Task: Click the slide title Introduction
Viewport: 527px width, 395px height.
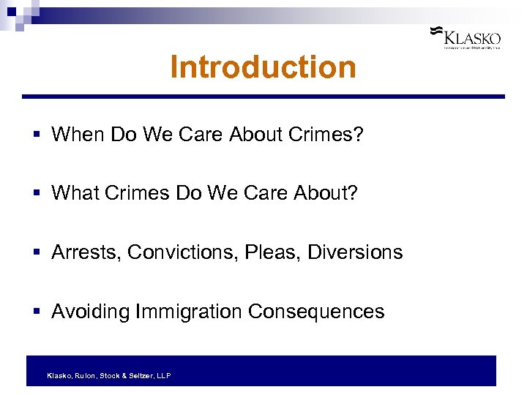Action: click(263, 67)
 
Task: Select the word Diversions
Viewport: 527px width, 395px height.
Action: click(355, 252)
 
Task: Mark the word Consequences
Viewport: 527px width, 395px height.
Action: click(316, 312)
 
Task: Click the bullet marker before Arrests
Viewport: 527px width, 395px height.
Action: click(37, 253)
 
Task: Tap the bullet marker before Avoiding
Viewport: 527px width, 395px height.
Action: click(37, 312)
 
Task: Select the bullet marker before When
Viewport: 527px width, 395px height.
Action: click(37, 135)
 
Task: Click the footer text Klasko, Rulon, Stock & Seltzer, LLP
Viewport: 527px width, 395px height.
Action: click(109, 375)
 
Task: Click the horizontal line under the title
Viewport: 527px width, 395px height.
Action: click(263, 97)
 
